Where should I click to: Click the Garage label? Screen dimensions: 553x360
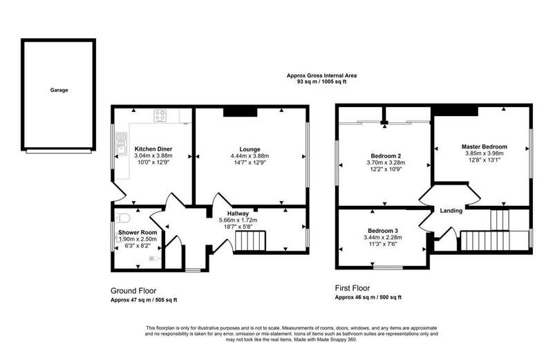click(x=59, y=90)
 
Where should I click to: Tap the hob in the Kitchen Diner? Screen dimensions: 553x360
click(x=160, y=115)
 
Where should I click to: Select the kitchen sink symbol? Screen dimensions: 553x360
click(x=121, y=144)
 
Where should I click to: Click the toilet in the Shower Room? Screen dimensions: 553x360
click(x=122, y=218)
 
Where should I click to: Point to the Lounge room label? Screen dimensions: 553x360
click(x=250, y=149)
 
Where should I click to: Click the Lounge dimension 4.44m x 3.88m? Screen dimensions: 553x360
click(x=250, y=156)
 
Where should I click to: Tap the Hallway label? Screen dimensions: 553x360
click(x=238, y=214)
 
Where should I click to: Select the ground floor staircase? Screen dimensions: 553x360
click(x=250, y=240)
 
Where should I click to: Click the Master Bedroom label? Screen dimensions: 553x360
click(x=485, y=146)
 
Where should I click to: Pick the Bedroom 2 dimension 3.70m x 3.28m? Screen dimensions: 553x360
click(x=386, y=162)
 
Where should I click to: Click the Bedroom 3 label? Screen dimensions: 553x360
click(x=383, y=231)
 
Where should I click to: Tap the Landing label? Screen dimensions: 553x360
click(x=451, y=211)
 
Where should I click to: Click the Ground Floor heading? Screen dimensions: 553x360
click(x=133, y=291)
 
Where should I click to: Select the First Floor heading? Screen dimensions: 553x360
click(x=353, y=288)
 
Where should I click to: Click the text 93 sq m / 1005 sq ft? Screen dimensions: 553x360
click(x=321, y=82)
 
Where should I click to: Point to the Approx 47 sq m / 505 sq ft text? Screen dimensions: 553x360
click(x=144, y=301)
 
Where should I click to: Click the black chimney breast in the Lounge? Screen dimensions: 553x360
click(x=240, y=111)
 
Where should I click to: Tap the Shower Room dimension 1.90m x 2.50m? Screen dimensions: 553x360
click(x=138, y=239)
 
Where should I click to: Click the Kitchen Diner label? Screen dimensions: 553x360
click(x=153, y=149)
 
